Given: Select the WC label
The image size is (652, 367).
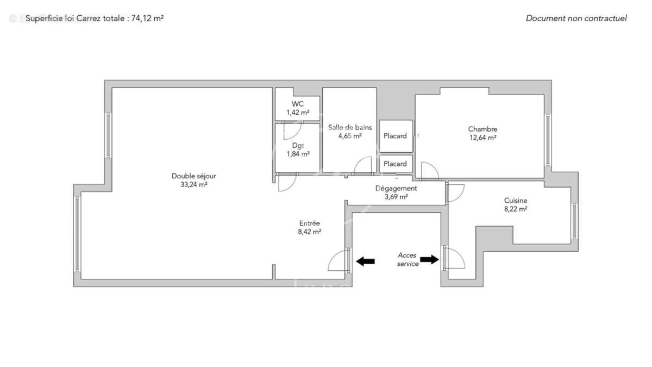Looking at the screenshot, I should pyautogui.click(x=298, y=104).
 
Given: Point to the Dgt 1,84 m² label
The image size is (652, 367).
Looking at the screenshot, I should pyautogui.click(x=298, y=150).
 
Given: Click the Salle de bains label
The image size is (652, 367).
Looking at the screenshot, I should pyautogui.click(x=350, y=127).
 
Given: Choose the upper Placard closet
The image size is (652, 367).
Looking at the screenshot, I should pyautogui.click(x=395, y=136).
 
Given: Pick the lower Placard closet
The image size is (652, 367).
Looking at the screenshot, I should pyautogui.click(x=395, y=164).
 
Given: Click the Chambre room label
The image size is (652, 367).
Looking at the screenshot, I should pyautogui.click(x=482, y=129).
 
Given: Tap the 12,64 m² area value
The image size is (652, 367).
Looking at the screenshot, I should pyautogui.click(x=482, y=138).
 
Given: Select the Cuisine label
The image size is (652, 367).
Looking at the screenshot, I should pyautogui.click(x=515, y=200).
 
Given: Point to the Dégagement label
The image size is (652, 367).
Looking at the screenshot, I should pyautogui.click(x=396, y=188).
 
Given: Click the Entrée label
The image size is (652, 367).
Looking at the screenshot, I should pyautogui.click(x=309, y=223).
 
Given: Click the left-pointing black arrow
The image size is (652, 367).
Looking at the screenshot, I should pyautogui.click(x=365, y=261).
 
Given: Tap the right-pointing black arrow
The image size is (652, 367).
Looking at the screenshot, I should pyautogui.click(x=429, y=259).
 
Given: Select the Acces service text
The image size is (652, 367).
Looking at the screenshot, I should pyautogui.click(x=407, y=259).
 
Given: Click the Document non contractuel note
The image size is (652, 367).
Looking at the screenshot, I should pyautogui.click(x=576, y=18).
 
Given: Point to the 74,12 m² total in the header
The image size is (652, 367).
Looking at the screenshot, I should pyautogui.click(x=148, y=18).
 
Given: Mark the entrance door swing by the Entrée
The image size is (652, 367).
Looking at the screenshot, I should pyautogui.click(x=339, y=261).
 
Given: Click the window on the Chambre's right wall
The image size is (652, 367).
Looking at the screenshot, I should pyautogui.click(x=548, y=140).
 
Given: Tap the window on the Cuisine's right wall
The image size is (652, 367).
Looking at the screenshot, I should pyautogui.click(x=574, y=221).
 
